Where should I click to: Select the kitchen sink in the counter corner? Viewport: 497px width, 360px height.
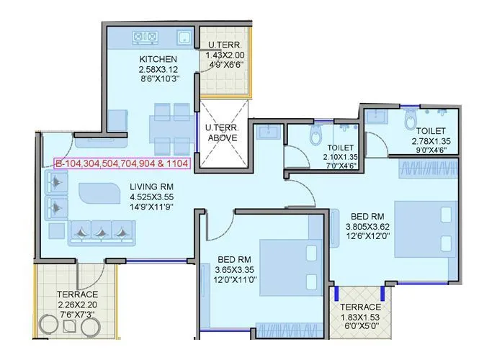184,37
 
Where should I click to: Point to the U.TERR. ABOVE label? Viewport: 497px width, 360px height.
223,131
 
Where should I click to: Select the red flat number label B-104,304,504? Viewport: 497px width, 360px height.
122,163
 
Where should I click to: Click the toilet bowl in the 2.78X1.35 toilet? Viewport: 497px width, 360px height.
411,118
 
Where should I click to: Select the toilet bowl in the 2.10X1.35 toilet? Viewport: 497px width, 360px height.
314,135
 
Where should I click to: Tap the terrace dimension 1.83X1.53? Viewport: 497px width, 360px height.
362,317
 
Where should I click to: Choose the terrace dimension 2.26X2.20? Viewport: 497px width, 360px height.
77,305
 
